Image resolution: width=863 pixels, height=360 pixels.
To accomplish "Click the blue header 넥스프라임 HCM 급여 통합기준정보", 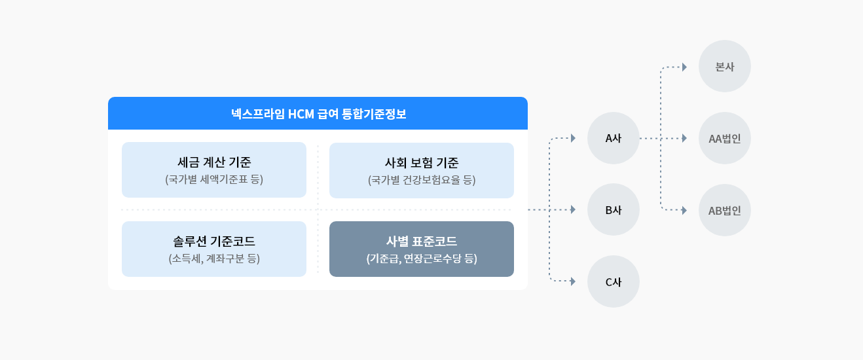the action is pos(318,113).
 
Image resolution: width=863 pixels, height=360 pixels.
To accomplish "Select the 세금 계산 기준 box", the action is pos(214,170).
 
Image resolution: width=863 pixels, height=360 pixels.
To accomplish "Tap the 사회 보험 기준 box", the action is pos(422,171).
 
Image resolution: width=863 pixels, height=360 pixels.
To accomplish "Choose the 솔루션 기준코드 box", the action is pos(214,249).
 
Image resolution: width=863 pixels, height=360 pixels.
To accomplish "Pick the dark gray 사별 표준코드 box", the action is pos(422,249).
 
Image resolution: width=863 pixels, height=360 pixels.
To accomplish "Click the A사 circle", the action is pos(614,138).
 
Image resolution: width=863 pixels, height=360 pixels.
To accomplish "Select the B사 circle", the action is pos(614,210).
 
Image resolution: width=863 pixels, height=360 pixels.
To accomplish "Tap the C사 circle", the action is pos(614,281).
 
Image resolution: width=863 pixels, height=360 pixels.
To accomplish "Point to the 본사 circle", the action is pos(725,66).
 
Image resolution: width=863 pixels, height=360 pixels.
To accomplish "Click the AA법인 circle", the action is pos(725,138).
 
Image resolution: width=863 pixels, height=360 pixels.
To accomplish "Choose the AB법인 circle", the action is pos(725,210).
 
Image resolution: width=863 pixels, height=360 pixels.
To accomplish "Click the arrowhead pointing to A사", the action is pos(574,138).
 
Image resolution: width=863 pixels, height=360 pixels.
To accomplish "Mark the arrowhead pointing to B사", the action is pos(574,209).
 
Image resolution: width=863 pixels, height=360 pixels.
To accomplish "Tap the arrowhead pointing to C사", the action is pos(574,281).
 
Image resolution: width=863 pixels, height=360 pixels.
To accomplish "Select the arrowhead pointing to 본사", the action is pos(685,67).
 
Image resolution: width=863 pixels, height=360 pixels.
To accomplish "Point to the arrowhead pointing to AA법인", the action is pos(685,138).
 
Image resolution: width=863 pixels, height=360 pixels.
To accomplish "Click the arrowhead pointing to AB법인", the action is pos(685,210).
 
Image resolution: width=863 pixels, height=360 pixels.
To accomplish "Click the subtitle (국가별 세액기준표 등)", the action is pos(214,179).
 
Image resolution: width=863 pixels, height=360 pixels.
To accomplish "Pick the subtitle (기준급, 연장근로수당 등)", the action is pos(422,259).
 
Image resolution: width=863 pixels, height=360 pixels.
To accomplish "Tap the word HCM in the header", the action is pos(301,114).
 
